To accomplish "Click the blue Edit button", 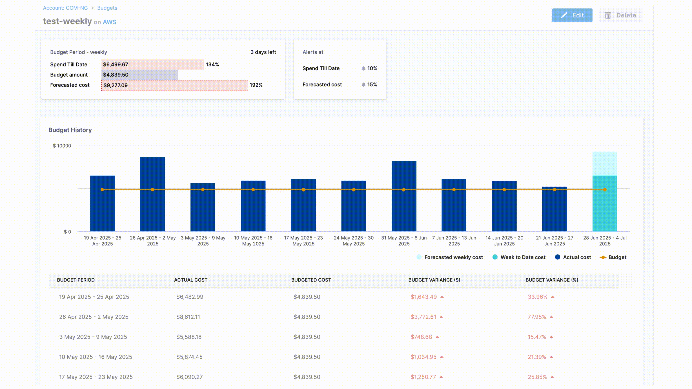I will pos(572,15).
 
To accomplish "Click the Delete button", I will pos(621,15).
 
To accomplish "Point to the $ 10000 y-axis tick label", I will pos(62,146).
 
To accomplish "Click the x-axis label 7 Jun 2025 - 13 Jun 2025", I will pos(454,241).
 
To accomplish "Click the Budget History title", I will pos(70,130).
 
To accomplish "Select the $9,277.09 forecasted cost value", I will pos(116,85).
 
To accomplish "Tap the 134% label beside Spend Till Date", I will pos(212,64).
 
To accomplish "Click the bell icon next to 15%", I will pos(363,85).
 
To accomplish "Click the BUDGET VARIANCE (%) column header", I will pos(552,280).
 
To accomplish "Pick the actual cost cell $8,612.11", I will pos(188,317).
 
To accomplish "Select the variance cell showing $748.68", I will pos(421,337).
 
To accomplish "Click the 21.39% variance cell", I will pos(537,357).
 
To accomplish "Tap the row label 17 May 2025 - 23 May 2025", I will pos(96,377).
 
